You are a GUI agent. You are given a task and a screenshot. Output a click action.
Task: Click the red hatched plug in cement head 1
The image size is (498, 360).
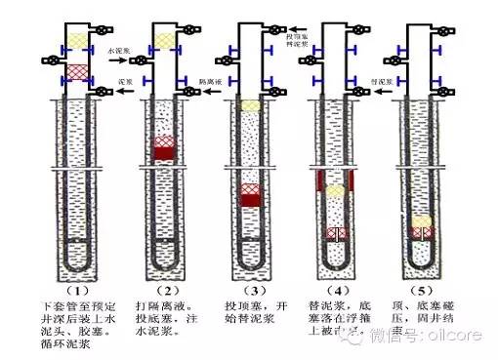tap(77, 70)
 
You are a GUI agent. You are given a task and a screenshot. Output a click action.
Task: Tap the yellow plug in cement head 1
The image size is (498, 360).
tap(77, 42)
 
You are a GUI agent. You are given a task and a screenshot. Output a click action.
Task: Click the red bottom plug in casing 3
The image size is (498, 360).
tap(249, 200)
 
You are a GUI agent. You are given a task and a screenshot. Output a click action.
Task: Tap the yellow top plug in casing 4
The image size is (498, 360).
tap(335, 192)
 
